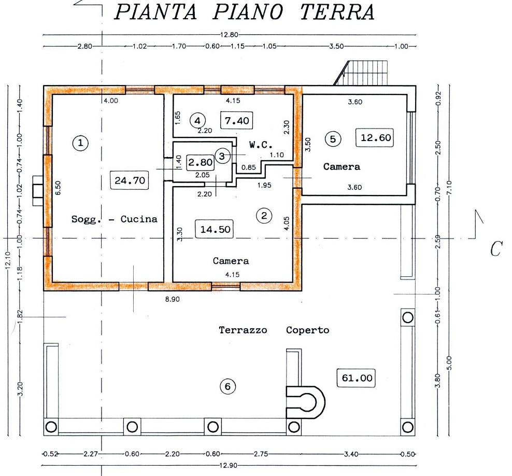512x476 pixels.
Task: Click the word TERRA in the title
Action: click(x=337, y=12)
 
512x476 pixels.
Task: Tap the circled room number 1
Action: click(x=80, y=143)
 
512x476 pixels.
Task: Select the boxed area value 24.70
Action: click(x=130, y=180)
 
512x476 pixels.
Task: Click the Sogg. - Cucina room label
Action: click(x=115, y=219)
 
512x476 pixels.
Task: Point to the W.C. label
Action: click(x=261, y=144)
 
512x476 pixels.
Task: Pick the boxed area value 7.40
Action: click(x=237, y=120)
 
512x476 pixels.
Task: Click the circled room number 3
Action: click(x=222, y=156)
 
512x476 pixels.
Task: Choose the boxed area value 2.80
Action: click(x=201, y=162)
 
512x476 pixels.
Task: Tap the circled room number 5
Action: click(x=333, y=139)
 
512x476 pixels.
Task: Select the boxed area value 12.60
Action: click(x=376, y=137)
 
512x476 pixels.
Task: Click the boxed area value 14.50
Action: click(x=215, y=229)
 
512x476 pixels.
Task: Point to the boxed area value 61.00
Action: click(x=357, y=378)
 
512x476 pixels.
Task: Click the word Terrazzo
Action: click(x=243, y=330)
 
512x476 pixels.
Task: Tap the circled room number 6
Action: click(x=227, y=386)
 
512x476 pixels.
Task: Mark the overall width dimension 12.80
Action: click(x=229, y=35)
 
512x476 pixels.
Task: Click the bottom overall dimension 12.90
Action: click(x=228, y=465)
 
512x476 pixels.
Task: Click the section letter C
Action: click(x=495, y=249)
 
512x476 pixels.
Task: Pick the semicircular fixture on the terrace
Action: click(x=306, y=402)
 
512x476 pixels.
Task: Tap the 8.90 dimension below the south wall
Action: click(x=173, y=299)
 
